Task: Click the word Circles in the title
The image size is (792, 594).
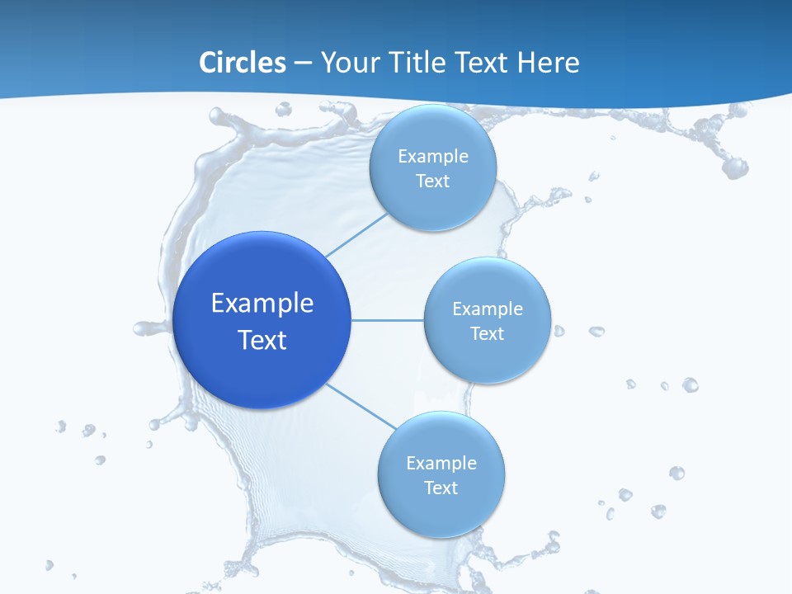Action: click(x=243, y=63)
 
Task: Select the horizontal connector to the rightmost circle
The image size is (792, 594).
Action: click(x=388, y=320)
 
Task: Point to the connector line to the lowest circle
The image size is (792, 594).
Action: click(x=361, y=407)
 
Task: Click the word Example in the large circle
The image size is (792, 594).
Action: click(x=262, y=304)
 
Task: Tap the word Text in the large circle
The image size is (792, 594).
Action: click(x=262, y=340)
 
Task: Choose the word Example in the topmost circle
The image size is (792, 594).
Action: click(x=433, y=156)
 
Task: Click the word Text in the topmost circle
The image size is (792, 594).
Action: click(x=433, y=181)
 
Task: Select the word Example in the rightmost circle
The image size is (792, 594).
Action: click(x=487, y=309)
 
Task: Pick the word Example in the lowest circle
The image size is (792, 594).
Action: click(x=441, y=463)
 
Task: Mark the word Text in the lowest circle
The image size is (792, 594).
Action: click(x=441, y=488)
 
